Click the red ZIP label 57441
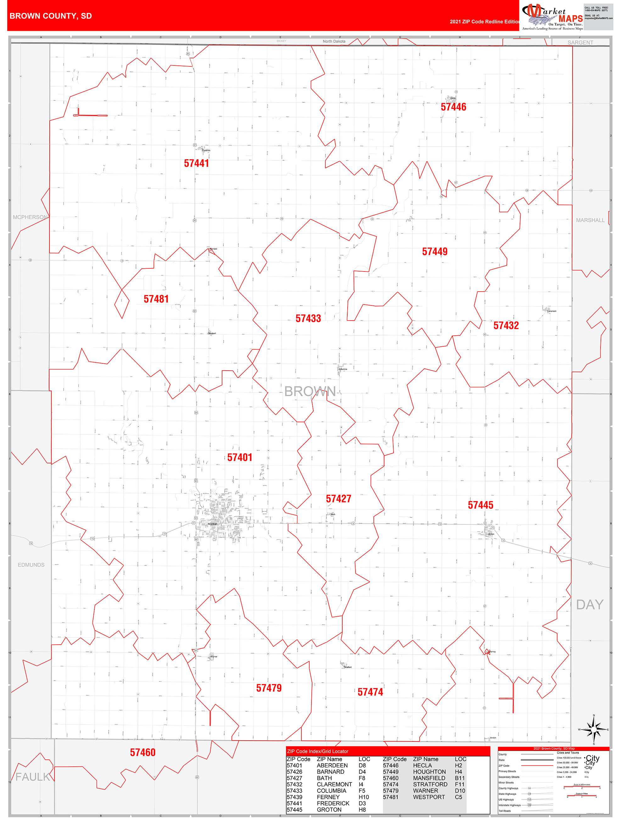point(196,164)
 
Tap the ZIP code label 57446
point(453,107)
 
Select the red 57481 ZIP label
point(156,299)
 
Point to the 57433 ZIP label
point(308,319)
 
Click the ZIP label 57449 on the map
point(434,252)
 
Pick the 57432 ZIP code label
point(506,326)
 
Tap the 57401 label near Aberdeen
point(240,458)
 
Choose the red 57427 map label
point(338,499)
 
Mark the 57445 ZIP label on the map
point(480,505)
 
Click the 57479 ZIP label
point(269,688)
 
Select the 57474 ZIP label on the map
point(370,692)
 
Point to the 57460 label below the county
point(143,753)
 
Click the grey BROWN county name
point(310,392)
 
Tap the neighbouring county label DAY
point(590,605)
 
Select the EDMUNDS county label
point(31,565)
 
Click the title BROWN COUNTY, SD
point(51,16)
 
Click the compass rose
point(594,730)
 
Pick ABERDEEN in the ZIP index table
point(332,765)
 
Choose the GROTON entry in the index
point(329,810)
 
